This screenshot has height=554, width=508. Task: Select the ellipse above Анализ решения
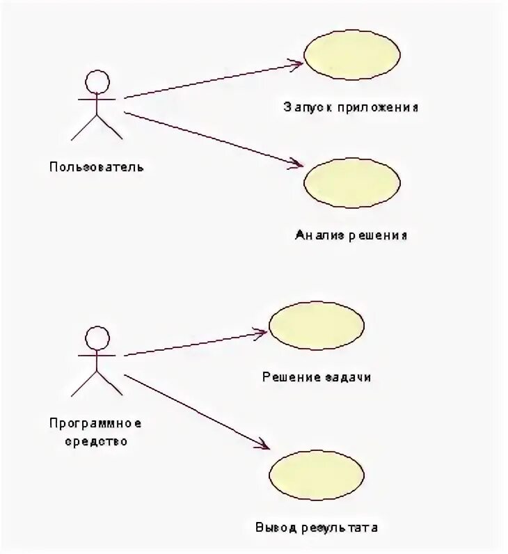[352, 183]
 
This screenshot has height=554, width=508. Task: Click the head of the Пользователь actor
[97, 82]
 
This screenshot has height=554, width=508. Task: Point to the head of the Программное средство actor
[97, 339]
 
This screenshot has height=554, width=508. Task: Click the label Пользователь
[97, 167]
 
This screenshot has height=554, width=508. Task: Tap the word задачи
[347, 378]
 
